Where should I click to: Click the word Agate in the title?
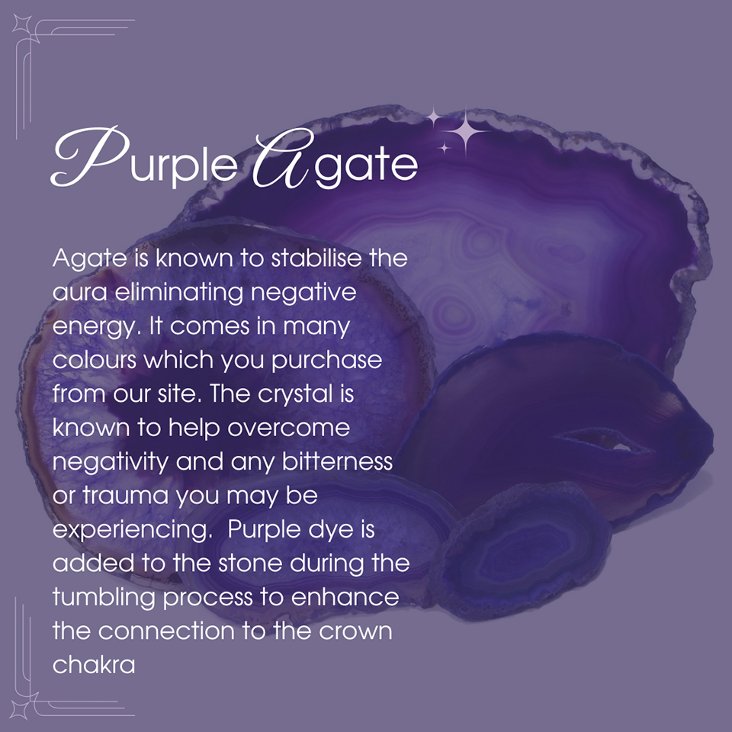[335, 160]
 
